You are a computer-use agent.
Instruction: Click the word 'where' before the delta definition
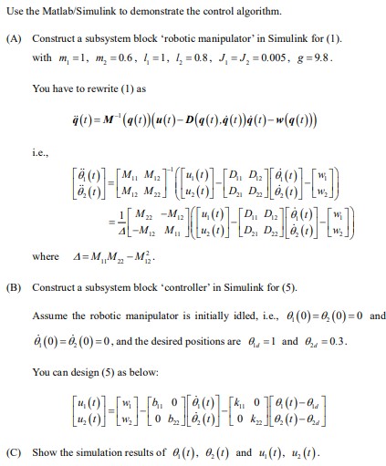[46, 257]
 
